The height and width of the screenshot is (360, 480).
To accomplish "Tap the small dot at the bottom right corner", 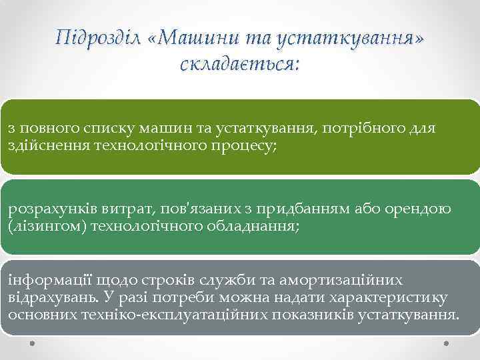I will (446, 344).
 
